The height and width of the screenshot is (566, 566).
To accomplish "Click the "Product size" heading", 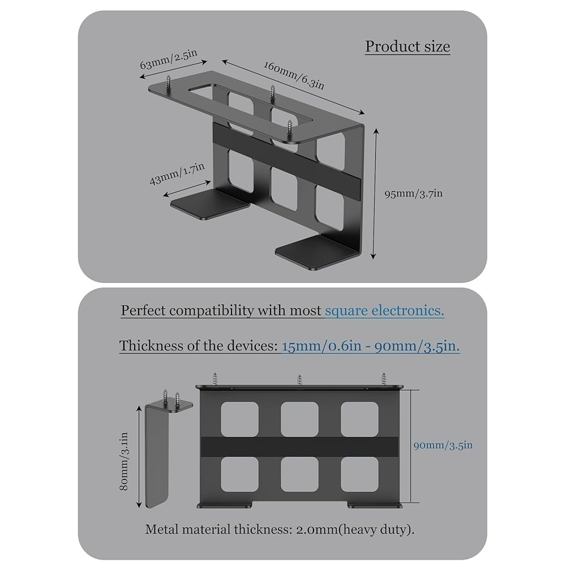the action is pyautogui.click(x=408, y=46).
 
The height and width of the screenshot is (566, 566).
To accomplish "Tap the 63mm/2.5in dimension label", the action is pyautogui.click(x=169, y=59).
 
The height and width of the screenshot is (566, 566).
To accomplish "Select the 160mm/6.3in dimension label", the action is pyautogui.click(x=294, y=75).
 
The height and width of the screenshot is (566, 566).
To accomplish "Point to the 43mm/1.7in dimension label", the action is pyautogui.click(x=177, y=174).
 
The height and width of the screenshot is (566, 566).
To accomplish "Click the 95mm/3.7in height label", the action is pyautogui.click(x=413, y=194).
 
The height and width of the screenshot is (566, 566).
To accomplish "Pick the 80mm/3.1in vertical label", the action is pyautogui.click(x=124, y=461).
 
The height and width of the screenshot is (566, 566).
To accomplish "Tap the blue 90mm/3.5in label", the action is pyautogui.click(x=443, y=445).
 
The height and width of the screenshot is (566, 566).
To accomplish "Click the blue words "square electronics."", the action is pyautogui.click(x=384, y=310).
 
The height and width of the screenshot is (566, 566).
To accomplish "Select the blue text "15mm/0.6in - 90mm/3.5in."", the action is pyautogui.click(x=371, y=346).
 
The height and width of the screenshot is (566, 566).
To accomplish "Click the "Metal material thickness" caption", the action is pyautogui.click(x=280, y=530).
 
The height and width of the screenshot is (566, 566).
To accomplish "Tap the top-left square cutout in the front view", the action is pyautogui.click(x=239, y=419).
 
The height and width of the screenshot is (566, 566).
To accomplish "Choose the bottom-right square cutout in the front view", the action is pyautogui.click(x=359, y=474).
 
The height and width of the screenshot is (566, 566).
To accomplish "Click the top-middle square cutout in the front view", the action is pyautogui.click(x=299, y=419).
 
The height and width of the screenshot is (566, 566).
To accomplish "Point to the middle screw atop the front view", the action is pyautogui.click(x=299, y=380).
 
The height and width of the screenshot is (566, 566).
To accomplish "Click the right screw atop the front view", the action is pyautogui.click(x=384, y=379).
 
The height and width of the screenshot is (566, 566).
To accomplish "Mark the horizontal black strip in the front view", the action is pyautogui.click(x=299, y=447).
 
